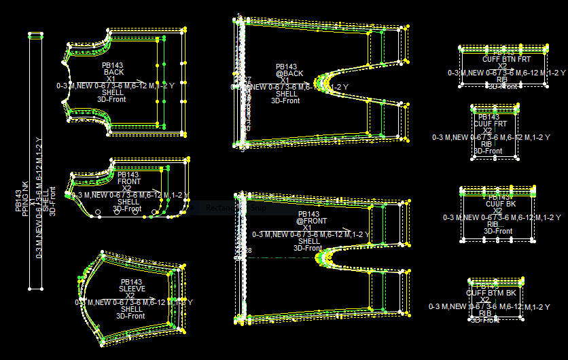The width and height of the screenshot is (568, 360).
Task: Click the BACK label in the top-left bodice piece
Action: pyautogui.click(x=113, y=72)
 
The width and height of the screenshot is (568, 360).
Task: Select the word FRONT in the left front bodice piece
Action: pyautogui.click(x=129, y=181)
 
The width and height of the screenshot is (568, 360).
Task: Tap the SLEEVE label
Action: pyautogui.click(x=132, y=289)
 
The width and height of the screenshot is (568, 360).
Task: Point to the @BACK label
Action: pyautogui.click(x=289, y=73)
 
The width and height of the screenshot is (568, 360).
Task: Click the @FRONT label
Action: pyautogui.click(x=311, y=221)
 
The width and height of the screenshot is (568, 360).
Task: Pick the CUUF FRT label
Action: pyautogui.click(x=490, y=124)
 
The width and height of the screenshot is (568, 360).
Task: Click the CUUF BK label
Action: pyautogui.click(x=501, y=204)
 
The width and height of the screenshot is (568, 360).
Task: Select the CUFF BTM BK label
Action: pyautogui.click(x=491, y=293)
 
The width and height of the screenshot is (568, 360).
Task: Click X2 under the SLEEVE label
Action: pyautogui.click(x=130, y=295)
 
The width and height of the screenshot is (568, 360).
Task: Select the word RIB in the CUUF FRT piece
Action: pyautogui.click(x=486, y=144)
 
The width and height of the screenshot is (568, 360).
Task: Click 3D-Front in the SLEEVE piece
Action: pyautogui.click(x=130, y=316)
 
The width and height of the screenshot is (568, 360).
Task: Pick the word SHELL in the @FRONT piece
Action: pyautogui.click(x=309, y=241)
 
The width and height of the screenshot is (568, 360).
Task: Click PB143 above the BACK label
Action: pyautogui.click(x=113, y=65)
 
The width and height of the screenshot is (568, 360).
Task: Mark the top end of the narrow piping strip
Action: pyautogui.click(x=35, y=35)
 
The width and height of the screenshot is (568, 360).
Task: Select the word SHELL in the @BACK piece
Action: pyautogui.click(x=286, y=94)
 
